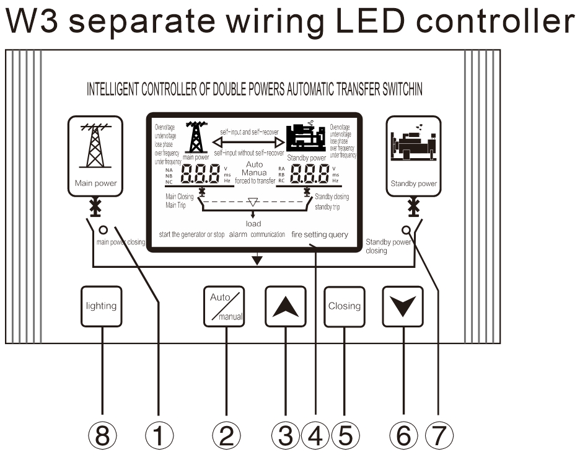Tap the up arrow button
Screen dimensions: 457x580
tap(285, 306)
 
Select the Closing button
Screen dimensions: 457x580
tap(344, 306)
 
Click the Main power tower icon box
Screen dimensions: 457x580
tap(95, 156)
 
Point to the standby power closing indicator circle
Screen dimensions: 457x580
tap(406, 228)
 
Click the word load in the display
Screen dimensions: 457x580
tap(253, 224)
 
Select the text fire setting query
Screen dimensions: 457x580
tap(320, 235)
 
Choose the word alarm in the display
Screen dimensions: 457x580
tap(238, 235)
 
